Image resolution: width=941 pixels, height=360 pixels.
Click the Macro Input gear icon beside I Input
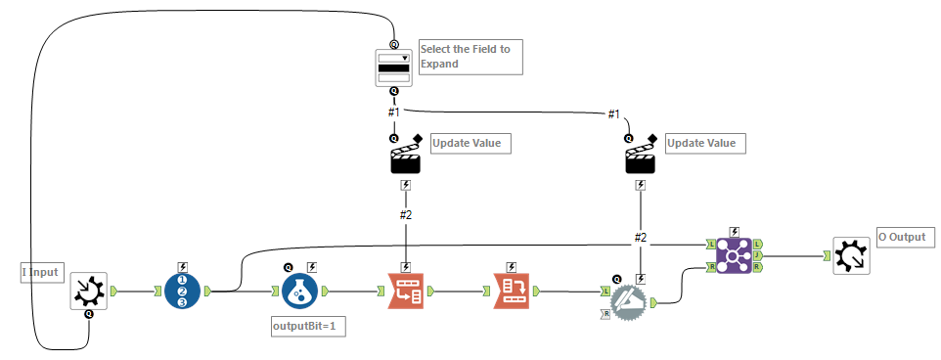(x=89, y=291)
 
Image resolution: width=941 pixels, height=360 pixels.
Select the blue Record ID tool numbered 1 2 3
(x=183, y=291)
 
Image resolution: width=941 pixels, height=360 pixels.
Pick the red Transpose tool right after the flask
(x=406, y=291)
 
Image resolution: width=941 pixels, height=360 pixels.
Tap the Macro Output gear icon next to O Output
(x=851, y=255)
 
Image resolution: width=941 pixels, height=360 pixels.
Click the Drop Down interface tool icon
(x=394, y=67)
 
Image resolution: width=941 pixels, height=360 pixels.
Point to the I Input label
(x=41, y=273)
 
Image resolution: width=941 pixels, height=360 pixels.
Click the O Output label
(x=906, y=237)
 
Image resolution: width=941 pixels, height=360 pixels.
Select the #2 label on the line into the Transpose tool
(x=406, y=215)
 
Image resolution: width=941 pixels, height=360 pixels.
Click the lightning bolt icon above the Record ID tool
(x=183, y=266)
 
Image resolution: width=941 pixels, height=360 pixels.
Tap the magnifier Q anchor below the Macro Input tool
(x=89, y=315)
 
